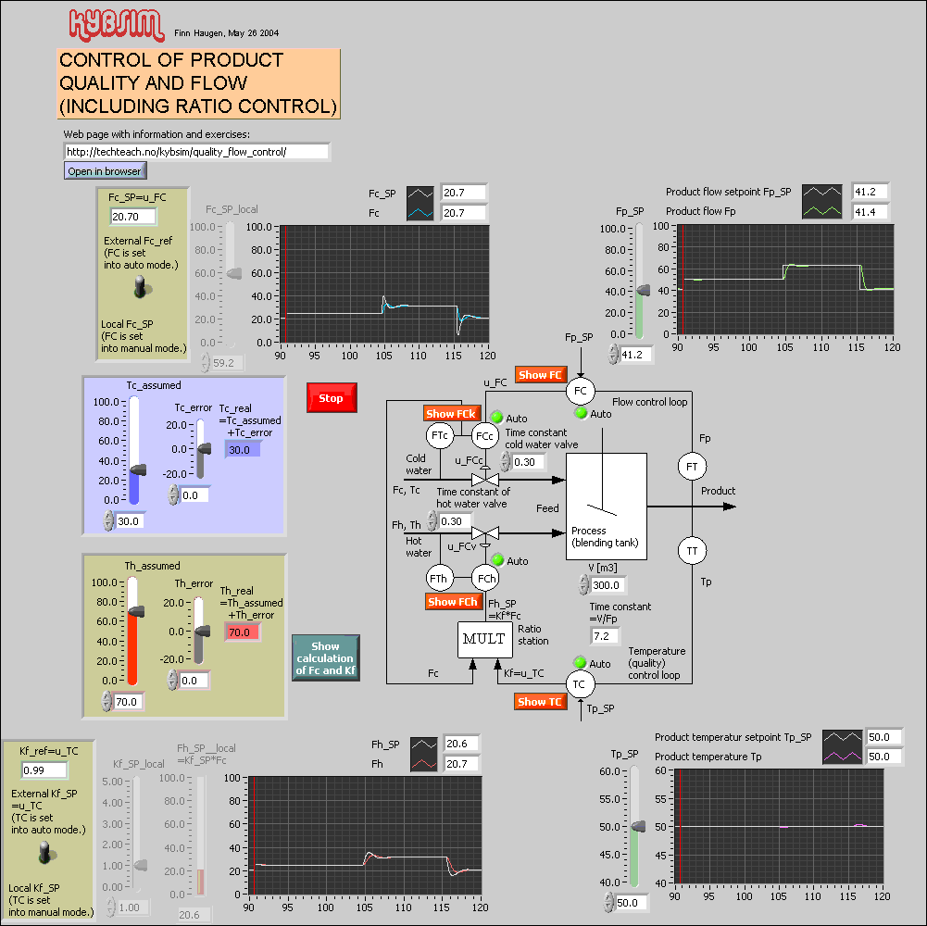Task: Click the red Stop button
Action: [x=331, y=398]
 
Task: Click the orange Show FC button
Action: [x=540, y=375]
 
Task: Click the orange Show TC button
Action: [x=540, y=702]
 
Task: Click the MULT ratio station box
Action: [x=484, y=639]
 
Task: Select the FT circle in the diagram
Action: [x=691, y=468]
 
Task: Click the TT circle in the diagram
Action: [x=691, y=551]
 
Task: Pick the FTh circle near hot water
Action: [x=439, y=578]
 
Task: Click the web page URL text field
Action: [x=196, y=152]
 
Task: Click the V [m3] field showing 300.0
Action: [x=609, y=585]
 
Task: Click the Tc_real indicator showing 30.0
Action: [x=242, y=449]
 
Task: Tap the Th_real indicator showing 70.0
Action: [x=242, y=633]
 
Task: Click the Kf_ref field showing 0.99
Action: [x=44, y=770]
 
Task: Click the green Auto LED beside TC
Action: [x=580, y=663]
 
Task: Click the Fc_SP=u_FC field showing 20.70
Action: [x=132, y=217]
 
